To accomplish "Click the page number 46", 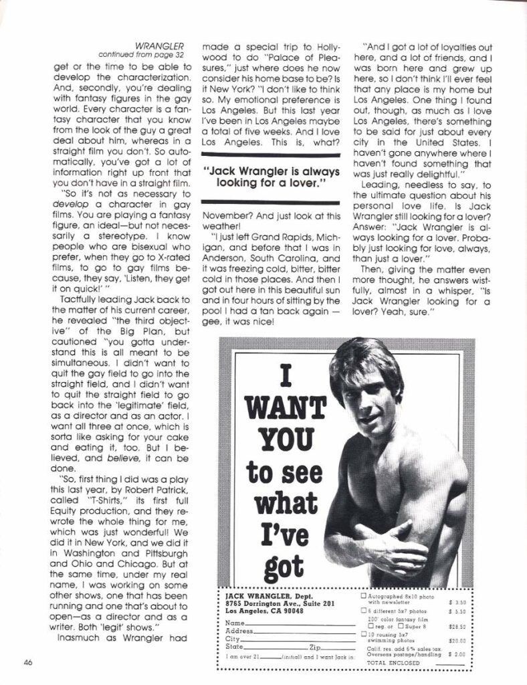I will tap(27, 663).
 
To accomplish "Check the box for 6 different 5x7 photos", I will tap(364, 610).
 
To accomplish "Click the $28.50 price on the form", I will tap(457, 626).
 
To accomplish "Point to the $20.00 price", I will tap(457, 640).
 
